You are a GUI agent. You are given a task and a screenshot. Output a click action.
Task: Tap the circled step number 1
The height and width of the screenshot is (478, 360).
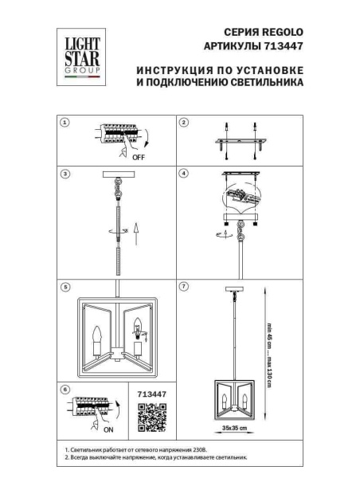pos(65,123)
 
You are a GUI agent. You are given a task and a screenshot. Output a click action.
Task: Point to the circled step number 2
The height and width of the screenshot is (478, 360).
pos(183,123)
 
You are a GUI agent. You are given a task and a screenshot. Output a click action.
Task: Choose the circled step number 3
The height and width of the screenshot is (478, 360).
pos(65,173)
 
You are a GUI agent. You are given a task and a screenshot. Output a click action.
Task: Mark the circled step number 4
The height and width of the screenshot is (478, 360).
pos(183,173)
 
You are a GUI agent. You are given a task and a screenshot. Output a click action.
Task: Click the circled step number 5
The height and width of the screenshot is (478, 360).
pos(65,285)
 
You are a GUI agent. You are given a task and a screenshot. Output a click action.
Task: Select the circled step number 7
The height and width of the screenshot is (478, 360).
pos(183,285)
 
